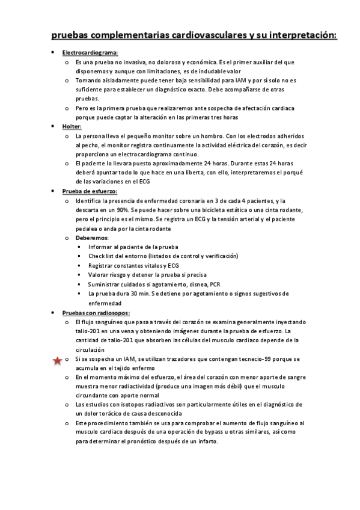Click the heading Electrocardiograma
pyautogui.click(x=90, y=53)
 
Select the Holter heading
pyautogui.click(x=72, y=127)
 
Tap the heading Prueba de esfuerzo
pyautogui.click(x=90, y=191)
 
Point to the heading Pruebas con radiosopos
pyautogui.click(x=96, y=313)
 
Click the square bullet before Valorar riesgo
pyautogui.click(x=79, y=275)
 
